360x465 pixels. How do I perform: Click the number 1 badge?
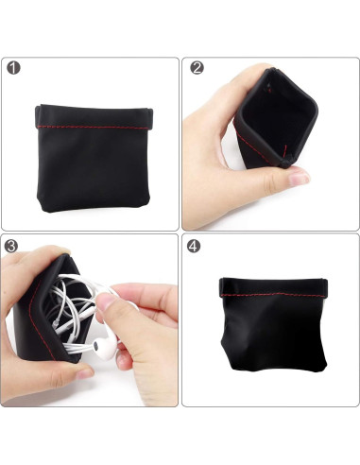[13, 68]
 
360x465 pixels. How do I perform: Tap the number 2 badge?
[197, 68]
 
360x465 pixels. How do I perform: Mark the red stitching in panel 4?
[274, 294]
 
